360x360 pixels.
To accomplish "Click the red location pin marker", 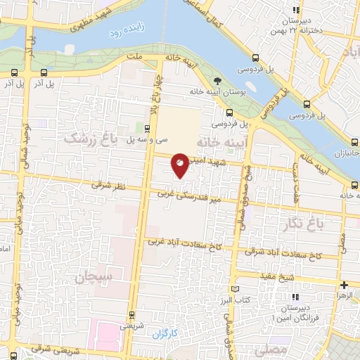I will (181, 165).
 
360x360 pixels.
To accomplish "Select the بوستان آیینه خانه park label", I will (217, 91).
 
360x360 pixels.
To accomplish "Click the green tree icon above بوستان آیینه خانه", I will (217, 81).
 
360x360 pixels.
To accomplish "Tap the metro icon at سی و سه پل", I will (146, 128).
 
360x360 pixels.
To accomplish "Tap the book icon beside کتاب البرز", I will (235, 289).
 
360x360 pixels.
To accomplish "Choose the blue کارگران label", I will (167, 333).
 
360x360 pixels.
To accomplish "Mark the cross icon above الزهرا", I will (343, 285).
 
